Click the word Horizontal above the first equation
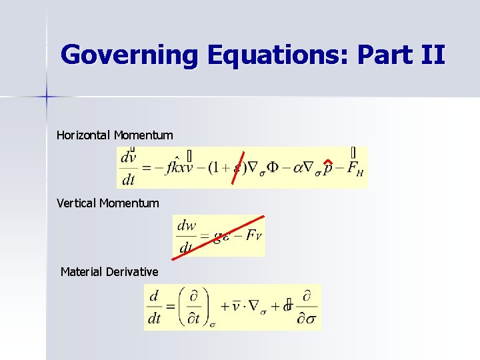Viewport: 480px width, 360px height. [84, 135]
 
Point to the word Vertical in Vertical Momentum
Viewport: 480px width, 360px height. [77, 203]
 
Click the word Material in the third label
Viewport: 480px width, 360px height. [81, 271]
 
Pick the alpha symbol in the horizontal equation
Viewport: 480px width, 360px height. [297, 167]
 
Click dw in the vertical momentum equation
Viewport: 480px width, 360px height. [187, 225]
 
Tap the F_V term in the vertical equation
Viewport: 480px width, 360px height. [254, 235]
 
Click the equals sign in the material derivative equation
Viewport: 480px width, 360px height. [170, 307]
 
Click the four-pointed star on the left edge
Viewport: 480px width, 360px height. [47, 96]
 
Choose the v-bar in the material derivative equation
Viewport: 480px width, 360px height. [235, 307]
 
